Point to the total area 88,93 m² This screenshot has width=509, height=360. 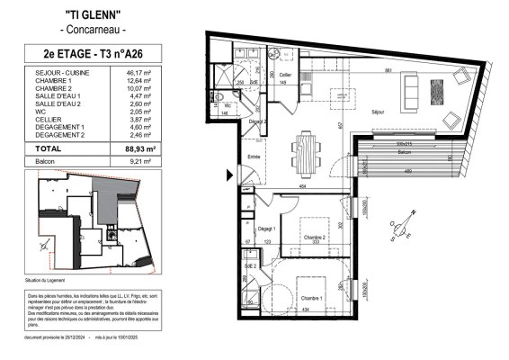click(138, 148)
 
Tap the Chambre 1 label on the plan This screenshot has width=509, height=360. click(312, 298)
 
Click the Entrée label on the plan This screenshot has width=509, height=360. click(254, 157)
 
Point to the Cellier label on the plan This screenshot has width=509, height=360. click(285, 75)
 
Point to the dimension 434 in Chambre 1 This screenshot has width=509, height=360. click(308, 310)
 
